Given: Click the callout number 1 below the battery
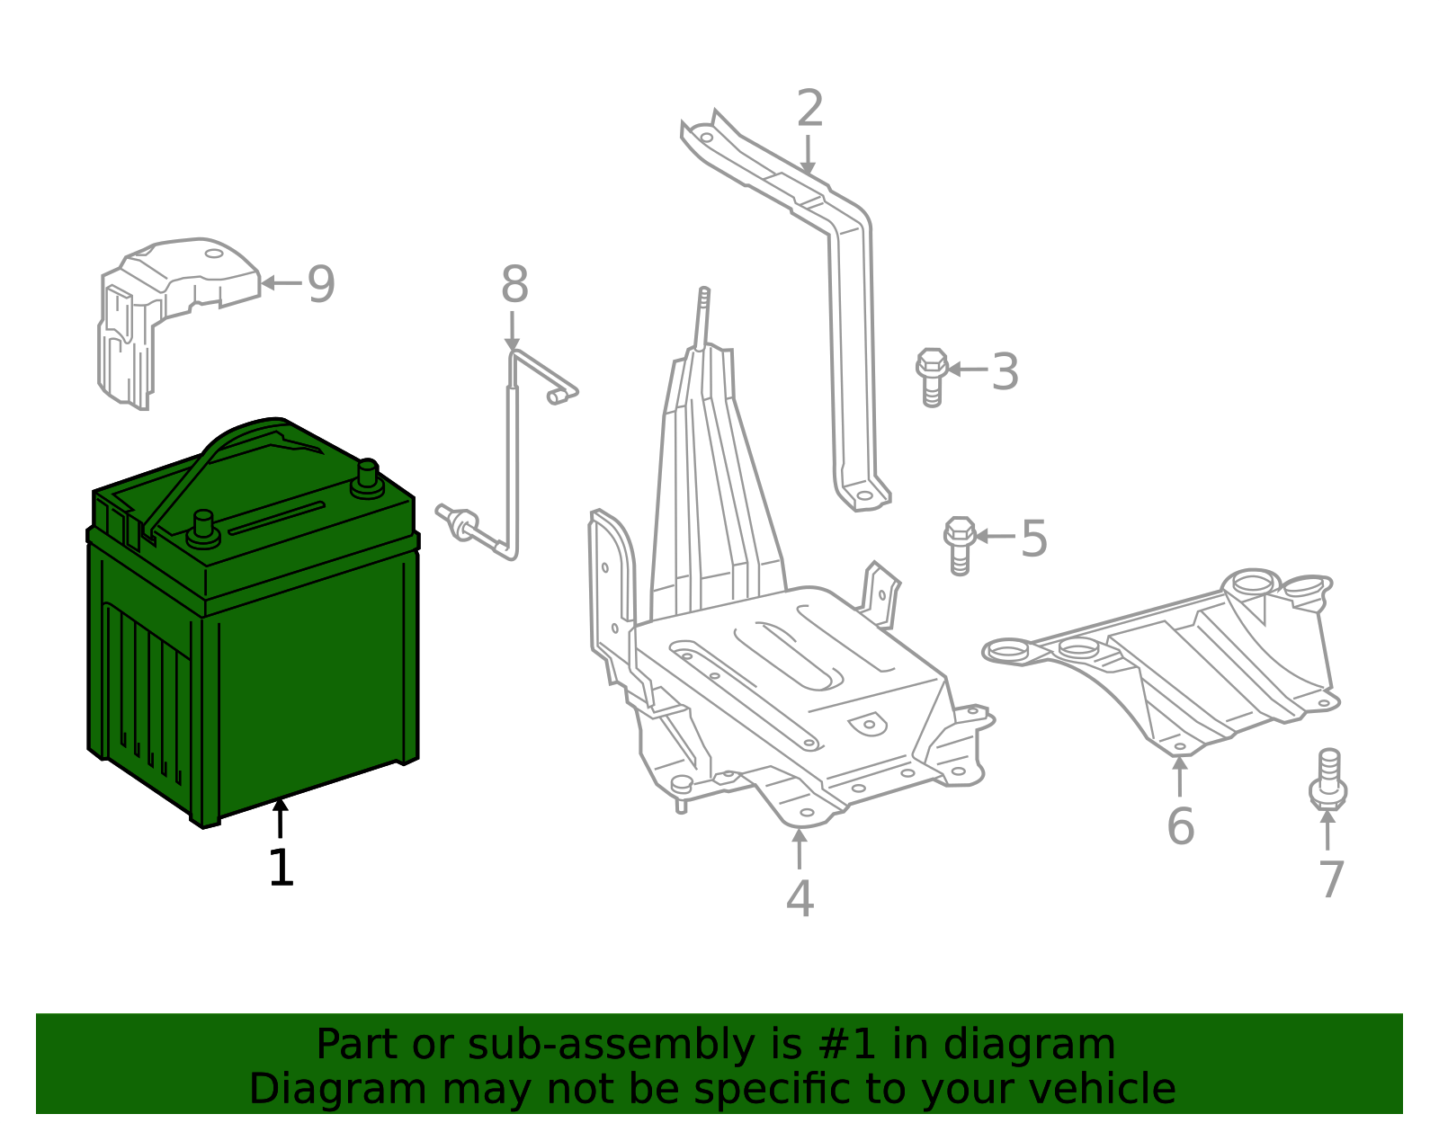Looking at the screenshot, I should (x=282, y=869).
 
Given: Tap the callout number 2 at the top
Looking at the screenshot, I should (x=809, y=110).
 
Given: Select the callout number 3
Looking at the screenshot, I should (x=1005, y=372).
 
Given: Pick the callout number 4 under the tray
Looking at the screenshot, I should (x=800, y=899).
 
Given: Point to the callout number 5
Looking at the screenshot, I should (x=1034, y=539).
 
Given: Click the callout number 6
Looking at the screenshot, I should (x=1180, y=827).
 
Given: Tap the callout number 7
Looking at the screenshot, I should (x=1331, y=879).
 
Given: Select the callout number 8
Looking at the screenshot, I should (x=514, y=286).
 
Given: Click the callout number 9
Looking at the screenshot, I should (x=321, y=284).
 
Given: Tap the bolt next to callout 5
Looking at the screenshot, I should (x=960, y=544).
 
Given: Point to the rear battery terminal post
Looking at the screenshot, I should (x=368, y=477).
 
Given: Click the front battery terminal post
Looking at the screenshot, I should (x=204, y=528).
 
